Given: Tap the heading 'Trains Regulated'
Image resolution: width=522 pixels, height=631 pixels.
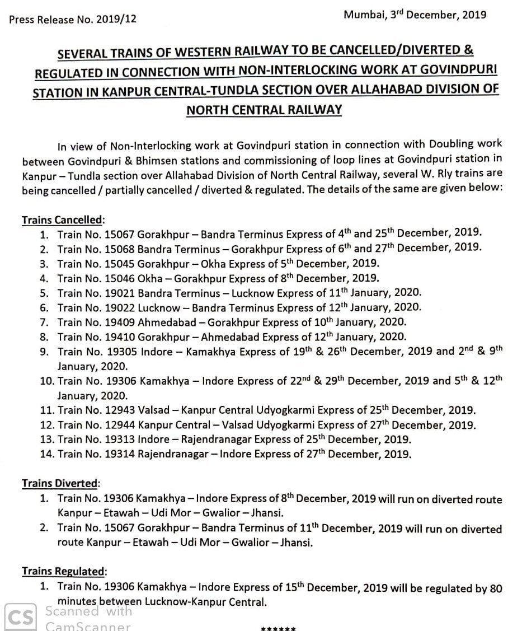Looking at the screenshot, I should tap(63, 572).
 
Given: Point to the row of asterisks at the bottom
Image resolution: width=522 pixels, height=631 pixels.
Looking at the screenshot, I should tap(278, 627).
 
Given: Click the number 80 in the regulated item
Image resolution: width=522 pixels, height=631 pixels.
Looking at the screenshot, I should tap(495, 588).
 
